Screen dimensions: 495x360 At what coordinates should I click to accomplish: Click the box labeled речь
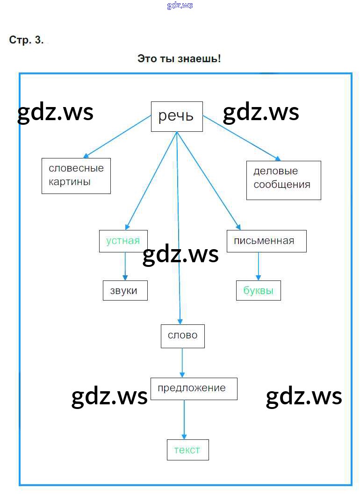coord(176,116)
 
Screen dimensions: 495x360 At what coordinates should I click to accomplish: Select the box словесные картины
coord(76,175)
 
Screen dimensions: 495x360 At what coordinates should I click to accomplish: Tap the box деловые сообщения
coord(283,180)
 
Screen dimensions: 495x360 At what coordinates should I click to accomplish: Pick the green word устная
coord(123,241)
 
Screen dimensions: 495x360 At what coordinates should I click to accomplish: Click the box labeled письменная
coord(266,241)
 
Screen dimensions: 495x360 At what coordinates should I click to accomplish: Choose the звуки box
coord(125,290)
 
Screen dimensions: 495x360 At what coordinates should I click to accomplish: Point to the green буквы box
coord(258,290)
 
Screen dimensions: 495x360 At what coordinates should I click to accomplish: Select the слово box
coord(182,336)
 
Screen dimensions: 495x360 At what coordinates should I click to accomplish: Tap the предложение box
coord(194,388)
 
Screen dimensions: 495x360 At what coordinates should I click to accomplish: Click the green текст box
coord(187,450)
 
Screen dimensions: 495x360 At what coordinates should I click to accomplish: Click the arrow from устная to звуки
coord(125,266)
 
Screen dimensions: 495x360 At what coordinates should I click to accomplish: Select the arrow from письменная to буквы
coord(258,266)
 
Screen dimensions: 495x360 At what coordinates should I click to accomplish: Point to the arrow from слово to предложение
coord(182,363)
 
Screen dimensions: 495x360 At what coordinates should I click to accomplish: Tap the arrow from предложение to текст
coord(184,419)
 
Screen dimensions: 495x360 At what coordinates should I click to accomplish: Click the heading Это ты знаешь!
coord(179,59)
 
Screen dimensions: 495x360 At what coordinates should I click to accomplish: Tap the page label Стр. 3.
coord(27,40)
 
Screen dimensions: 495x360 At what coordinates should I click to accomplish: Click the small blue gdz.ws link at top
coord(180,6)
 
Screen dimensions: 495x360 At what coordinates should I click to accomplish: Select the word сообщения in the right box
coord(282,184)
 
